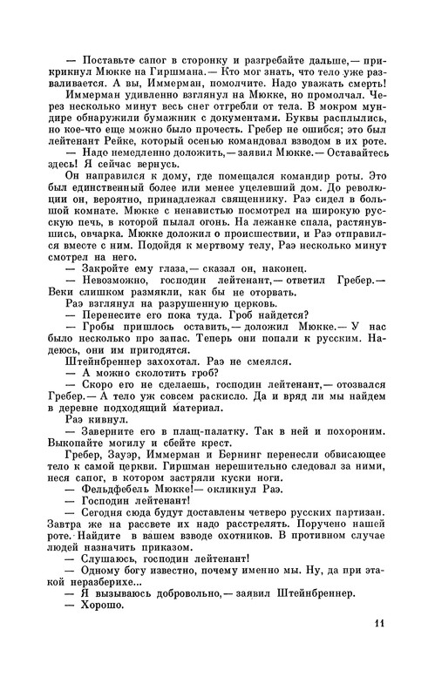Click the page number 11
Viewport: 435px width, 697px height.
point(377,646)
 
